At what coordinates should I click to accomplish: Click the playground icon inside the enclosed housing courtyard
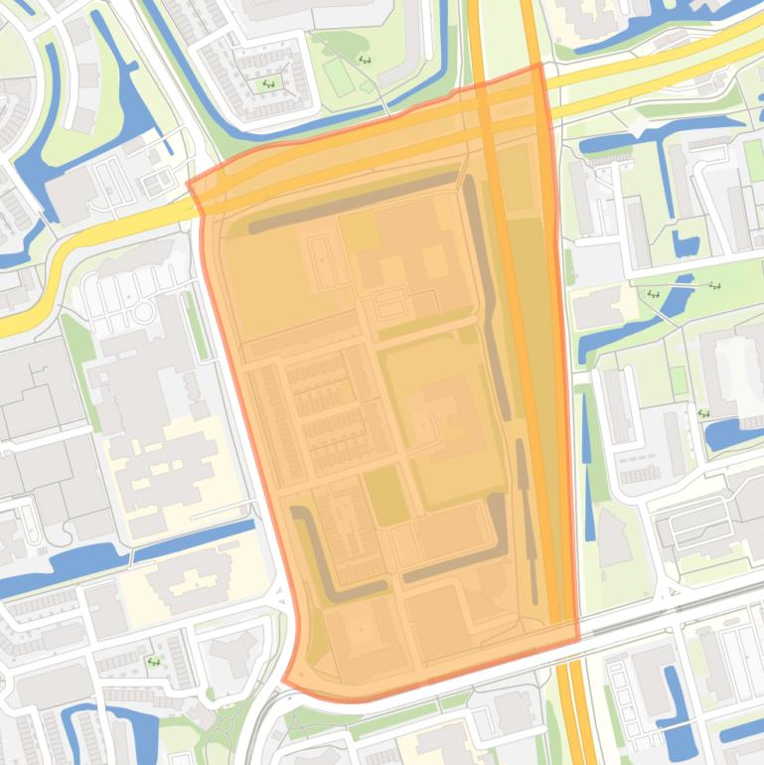point(265,84)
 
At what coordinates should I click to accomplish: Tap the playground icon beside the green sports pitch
point(365,61)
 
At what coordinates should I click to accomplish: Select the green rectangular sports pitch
point(338,77)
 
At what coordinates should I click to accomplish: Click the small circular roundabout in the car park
point(144,312)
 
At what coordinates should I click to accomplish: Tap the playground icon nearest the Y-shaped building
point(154,661)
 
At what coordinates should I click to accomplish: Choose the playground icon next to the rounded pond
point(703,413)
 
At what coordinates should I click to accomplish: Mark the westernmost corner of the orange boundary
point(189,183)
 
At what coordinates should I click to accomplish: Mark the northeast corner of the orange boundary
point(539,66)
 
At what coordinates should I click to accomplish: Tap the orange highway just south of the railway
point(572,705)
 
